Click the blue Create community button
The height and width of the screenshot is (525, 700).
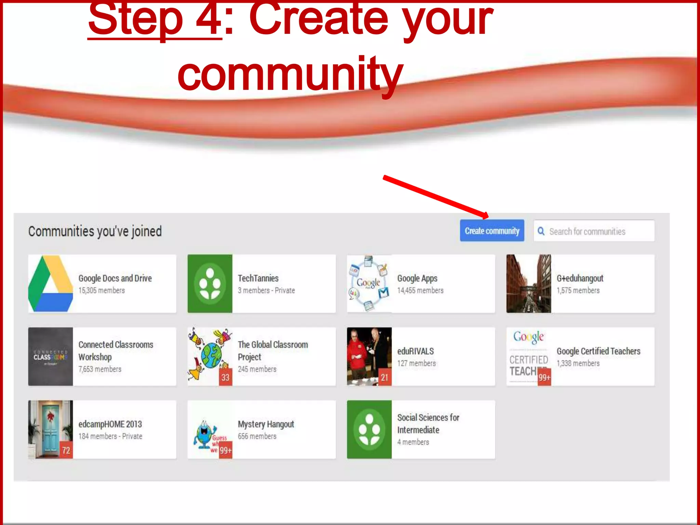492,231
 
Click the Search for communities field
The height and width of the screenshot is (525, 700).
595,231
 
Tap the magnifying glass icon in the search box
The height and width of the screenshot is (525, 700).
541,231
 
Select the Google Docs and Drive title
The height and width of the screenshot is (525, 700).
115,278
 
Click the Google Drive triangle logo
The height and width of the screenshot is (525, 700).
51,283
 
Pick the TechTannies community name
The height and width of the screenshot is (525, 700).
258,278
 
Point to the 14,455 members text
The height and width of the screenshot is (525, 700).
420,291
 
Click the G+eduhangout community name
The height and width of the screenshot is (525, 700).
580,278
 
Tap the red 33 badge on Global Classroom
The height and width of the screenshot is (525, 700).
225,377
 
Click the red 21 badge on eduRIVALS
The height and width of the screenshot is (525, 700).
385,377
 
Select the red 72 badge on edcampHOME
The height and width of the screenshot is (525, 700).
66,450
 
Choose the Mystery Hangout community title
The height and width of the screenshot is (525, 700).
266,424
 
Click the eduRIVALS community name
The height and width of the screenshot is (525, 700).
415,351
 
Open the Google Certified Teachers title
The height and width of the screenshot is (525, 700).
598,351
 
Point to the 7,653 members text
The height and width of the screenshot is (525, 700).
100,369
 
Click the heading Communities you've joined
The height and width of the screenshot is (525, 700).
95,231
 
